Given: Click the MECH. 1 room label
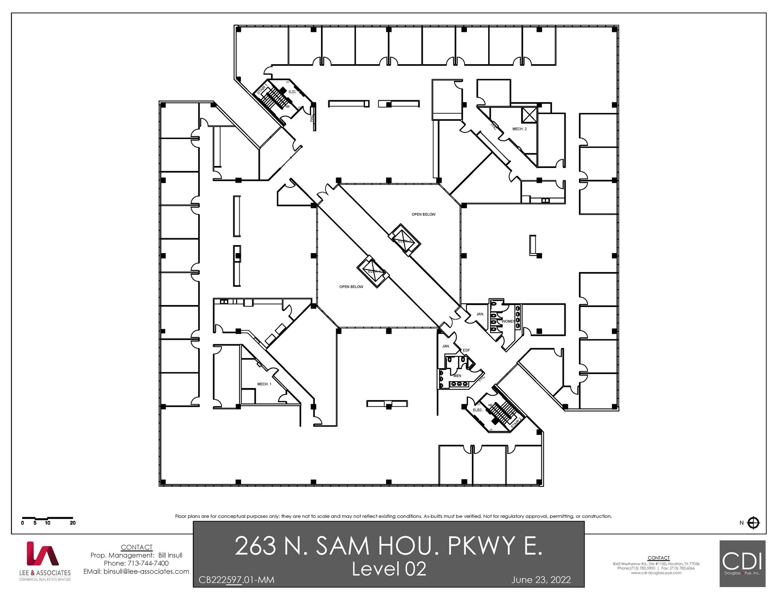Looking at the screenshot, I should coord(264,384).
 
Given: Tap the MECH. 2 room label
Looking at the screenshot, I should coord(519,129).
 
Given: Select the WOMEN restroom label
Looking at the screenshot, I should coord(508,321).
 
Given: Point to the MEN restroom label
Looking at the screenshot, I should coord(457,376).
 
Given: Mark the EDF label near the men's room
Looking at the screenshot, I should coord(466,350).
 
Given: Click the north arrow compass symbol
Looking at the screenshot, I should coord(753,523).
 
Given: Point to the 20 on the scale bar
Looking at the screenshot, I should coord(73,523).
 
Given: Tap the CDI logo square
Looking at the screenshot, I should coord(742,563).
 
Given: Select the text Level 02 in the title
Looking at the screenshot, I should coord(389,569).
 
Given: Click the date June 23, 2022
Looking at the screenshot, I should coord(541,580).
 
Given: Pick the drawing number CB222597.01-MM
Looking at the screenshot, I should coord(236,580).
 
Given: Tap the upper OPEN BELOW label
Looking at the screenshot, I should coord(424,215).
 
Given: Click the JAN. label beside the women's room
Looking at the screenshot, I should coord(480,314).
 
